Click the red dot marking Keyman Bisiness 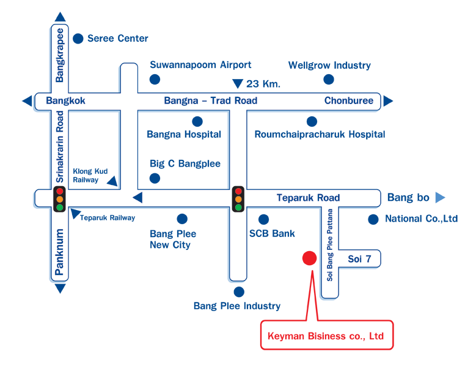pyautogui.click(x=309, y=258)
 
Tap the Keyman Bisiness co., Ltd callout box pyautogui.click(x=327, y=334)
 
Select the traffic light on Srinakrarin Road pyautogui.click(x=59, y=199)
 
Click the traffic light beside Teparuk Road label pyautogui.click(x=238, y=199)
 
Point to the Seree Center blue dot pyautogui.click(x=78, y=39)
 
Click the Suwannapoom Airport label pyautogui.click(x=200, y=65)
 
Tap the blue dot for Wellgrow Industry pyautogui.click(x=329, y=80)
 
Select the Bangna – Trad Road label pyautogui.click(x=211, y=100)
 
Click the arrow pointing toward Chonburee pyautogui.click(x=388, y=101)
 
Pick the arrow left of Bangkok pyautogui.click(x=27, y=101)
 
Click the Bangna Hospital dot pyautogui.click(x=197, y=122)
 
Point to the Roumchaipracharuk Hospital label pyautogui.click(x=320, y=134)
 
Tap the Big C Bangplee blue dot pyautogui.click(x=155, y=178)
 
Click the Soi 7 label pyautogui.click(x=359, y=259)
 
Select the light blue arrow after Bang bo pyautogui.click(x=440, y=197)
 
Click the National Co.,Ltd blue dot pyautogui.click(x=373, y=219)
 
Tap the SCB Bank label pyautogui.click(x=272, y=233)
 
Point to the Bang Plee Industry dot pyautogui.click(x=239, y=292)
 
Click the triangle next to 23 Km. pyautogui.click(x=238, y=83)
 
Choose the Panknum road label pyautogui.click(x=59, y=252)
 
